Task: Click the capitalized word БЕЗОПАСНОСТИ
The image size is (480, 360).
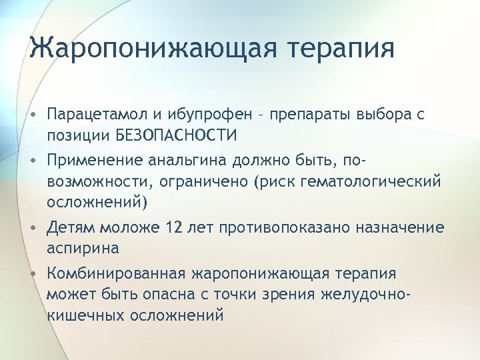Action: coord(176,137)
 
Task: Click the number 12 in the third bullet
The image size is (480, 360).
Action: coord(176,228)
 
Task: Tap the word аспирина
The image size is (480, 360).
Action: coord(83,248)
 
